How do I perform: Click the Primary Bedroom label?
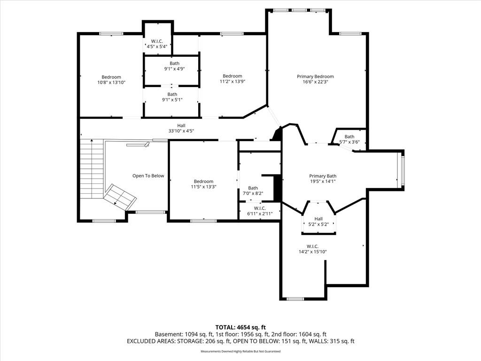(315, 77)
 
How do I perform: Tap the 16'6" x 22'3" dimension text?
(315, 82)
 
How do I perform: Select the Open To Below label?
(148, 176)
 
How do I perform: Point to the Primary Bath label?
(323, 176)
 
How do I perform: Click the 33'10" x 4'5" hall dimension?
(181, 131)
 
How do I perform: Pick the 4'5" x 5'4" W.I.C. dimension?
(157, 47)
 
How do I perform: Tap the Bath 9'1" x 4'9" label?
(174, 66)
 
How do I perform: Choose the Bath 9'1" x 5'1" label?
(172, 97)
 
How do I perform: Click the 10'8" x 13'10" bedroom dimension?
(111, 83)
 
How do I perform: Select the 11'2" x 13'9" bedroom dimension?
(233, 81)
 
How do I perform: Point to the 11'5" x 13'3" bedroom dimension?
(204, 187)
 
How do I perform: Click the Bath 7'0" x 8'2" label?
(253, 191)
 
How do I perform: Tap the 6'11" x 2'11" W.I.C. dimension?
(260, 214)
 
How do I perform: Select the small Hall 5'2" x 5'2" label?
(318, 222)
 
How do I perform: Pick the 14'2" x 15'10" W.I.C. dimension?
(312, 252)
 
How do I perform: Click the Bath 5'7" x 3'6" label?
(349, 139)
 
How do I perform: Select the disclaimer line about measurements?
(240, 351)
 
